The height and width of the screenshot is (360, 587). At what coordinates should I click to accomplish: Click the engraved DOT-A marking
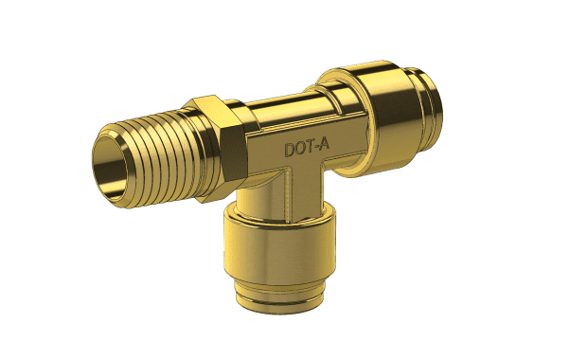tap(307, 148)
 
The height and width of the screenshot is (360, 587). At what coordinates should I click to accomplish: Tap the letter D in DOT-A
tap(290, 150)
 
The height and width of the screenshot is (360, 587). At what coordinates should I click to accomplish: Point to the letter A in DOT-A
tap(324, 145)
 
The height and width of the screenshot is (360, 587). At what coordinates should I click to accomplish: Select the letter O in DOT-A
tap(300, 149)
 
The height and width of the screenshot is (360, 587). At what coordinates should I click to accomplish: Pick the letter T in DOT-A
tap(309, 147)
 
